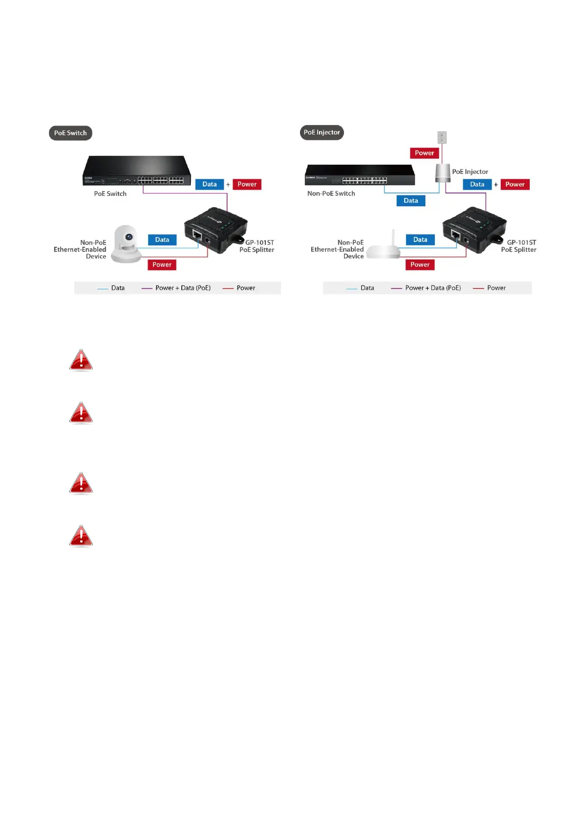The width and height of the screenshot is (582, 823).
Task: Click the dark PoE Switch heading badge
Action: (70, 133)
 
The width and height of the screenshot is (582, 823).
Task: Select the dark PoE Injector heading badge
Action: (322, 132)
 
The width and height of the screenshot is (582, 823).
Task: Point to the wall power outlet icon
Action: (442, 137)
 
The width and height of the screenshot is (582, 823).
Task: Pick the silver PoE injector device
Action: (443, 173)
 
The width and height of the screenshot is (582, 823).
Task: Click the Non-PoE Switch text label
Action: (331, 194)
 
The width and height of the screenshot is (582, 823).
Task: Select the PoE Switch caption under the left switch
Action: (110, 194)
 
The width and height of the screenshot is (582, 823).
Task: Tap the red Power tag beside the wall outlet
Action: (424, 153)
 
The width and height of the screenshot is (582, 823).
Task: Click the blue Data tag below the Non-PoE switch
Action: (410, 200)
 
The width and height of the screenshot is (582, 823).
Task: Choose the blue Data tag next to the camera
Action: (162, 239)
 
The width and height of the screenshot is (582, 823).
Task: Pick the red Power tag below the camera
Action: (162, 265)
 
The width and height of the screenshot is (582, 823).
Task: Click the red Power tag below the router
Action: (420, 265)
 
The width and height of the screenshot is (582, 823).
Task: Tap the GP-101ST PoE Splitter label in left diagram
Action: (258, 246)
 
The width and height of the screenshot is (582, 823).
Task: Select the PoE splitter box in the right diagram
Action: (473, 230)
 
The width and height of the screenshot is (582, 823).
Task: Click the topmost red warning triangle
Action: (81, 360)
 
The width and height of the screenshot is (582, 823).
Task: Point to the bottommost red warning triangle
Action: (81, 536)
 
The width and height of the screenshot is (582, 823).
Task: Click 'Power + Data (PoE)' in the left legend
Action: (183, 288)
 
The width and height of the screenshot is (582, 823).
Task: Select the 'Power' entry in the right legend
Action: (496, 288)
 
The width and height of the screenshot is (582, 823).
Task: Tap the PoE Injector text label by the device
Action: (470, 172)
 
